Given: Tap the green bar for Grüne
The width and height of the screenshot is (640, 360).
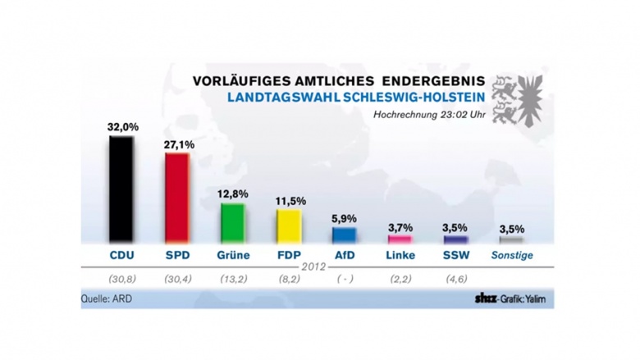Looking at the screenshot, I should (x=232, y=222).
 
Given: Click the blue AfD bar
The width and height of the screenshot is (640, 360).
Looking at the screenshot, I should (x=345, y=235).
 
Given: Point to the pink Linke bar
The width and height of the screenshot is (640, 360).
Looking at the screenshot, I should (x=400, y=239).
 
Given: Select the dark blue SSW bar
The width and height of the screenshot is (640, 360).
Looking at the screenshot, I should (x=455, y=239).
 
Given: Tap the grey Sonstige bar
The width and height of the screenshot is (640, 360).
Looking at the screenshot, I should (x=511, y=239).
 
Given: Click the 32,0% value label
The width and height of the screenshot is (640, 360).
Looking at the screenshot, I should (x=122, y=127).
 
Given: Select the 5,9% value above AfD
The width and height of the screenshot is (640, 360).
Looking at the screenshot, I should (x=345, y=219).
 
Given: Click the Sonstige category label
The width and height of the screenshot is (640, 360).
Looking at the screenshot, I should (x=512, y=255).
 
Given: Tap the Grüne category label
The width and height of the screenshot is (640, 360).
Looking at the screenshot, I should (x=233, y=255).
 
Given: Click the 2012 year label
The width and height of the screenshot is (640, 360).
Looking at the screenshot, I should (x=317, y=267).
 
